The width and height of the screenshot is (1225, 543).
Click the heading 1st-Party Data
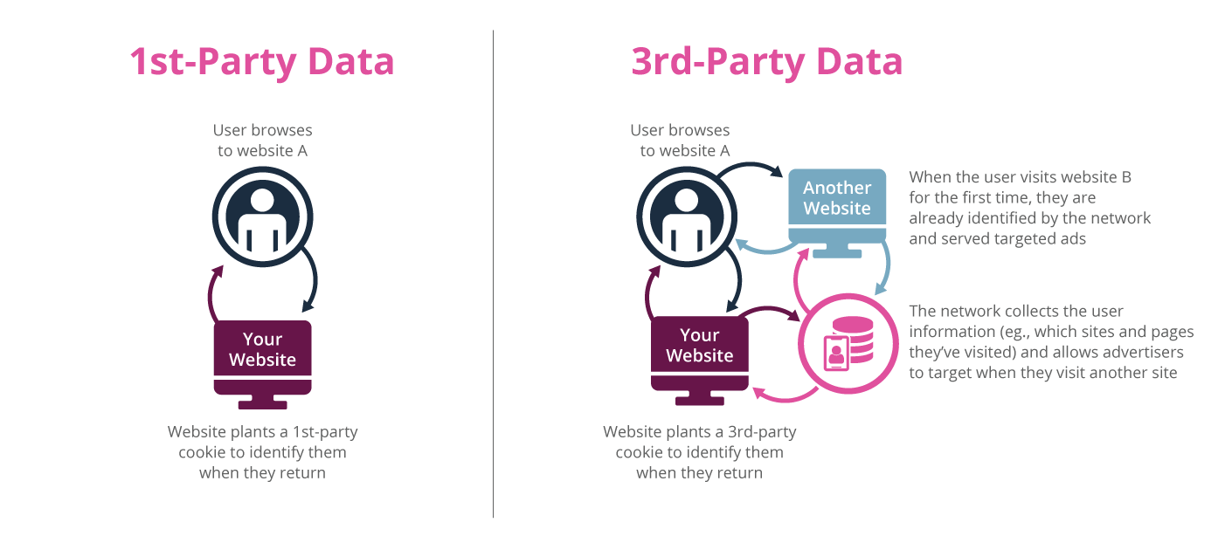262,63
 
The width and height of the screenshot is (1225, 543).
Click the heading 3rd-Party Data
767,63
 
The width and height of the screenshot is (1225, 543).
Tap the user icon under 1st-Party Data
262,218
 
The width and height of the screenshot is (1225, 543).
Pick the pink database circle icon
846,341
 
